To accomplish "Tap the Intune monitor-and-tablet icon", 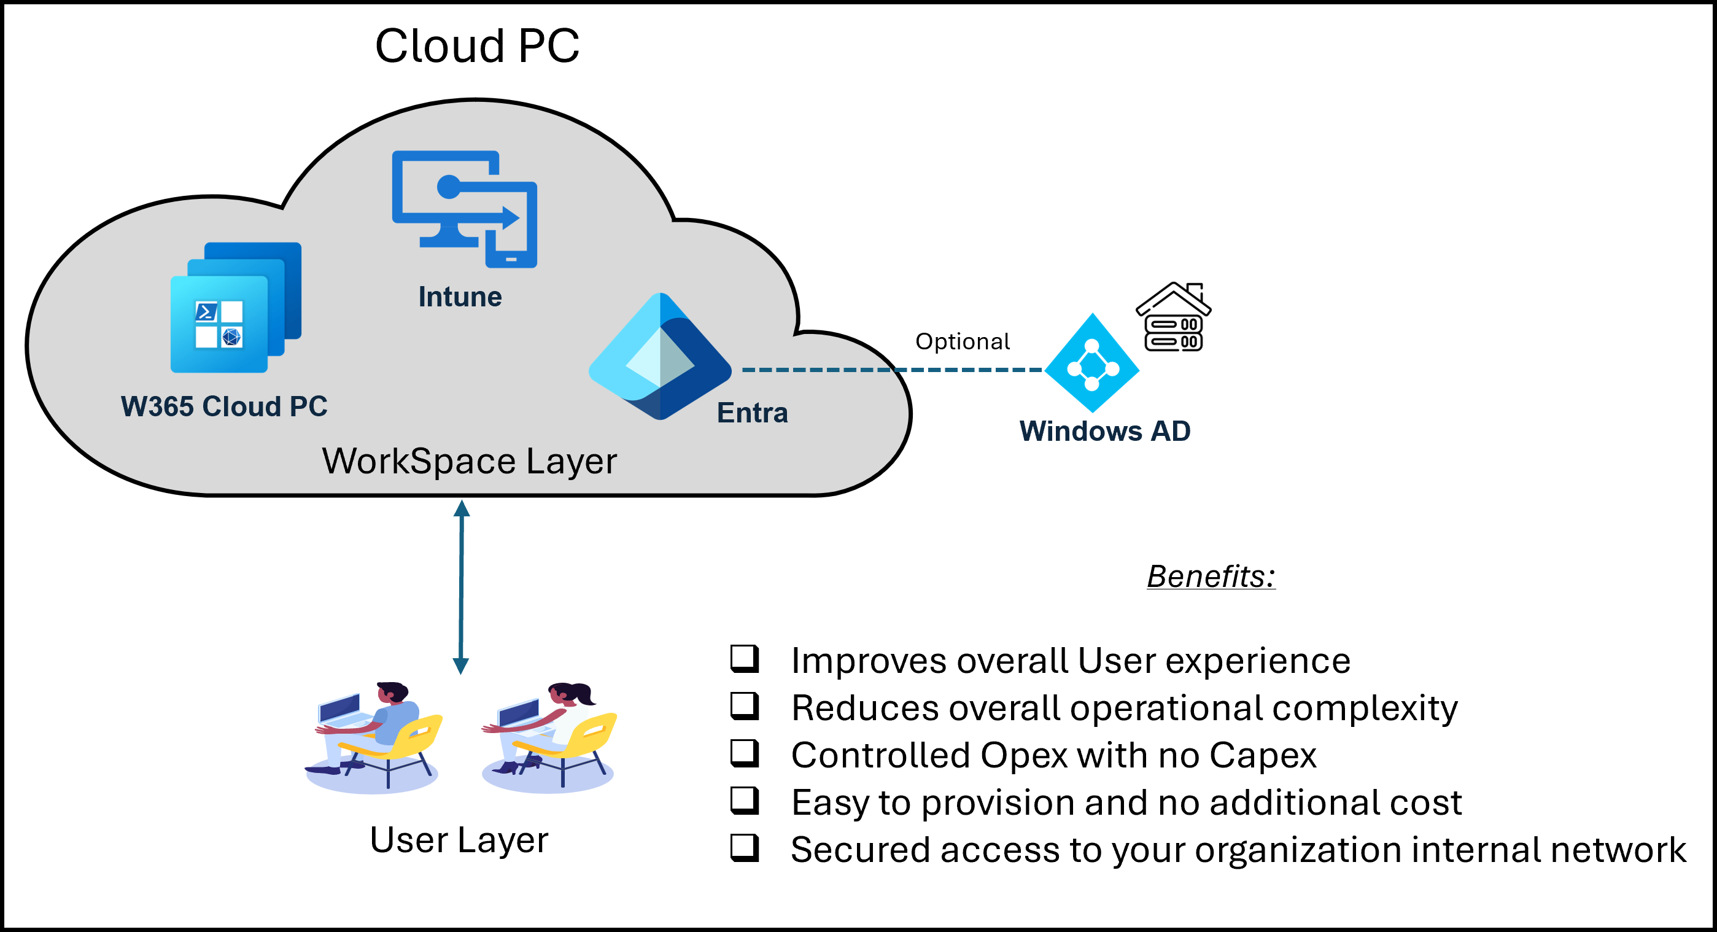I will click(x=464, y=209).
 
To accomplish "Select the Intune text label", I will click(x=460, y=297).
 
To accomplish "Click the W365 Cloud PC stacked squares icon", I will click(x=235, y=308).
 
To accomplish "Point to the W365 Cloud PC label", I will click(x=224, y=406).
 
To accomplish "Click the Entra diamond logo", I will click(x=660, y=357).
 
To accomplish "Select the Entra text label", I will click(x=752, y=413).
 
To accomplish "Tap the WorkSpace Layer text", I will click(x=469, y=460).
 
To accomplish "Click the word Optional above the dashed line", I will click(x=962, y=341).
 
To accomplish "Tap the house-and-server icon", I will click(x=1173, y=317).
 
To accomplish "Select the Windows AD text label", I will click(x=1104, y=430).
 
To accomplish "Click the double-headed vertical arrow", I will click(x=461, y=587).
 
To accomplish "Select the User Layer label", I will click(x=459, y=839).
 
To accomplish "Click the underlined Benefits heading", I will click(x=1211, y=576).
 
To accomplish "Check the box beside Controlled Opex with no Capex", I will click(x=745, y=753).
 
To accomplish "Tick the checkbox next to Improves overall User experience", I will click(x=745, y=659).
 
